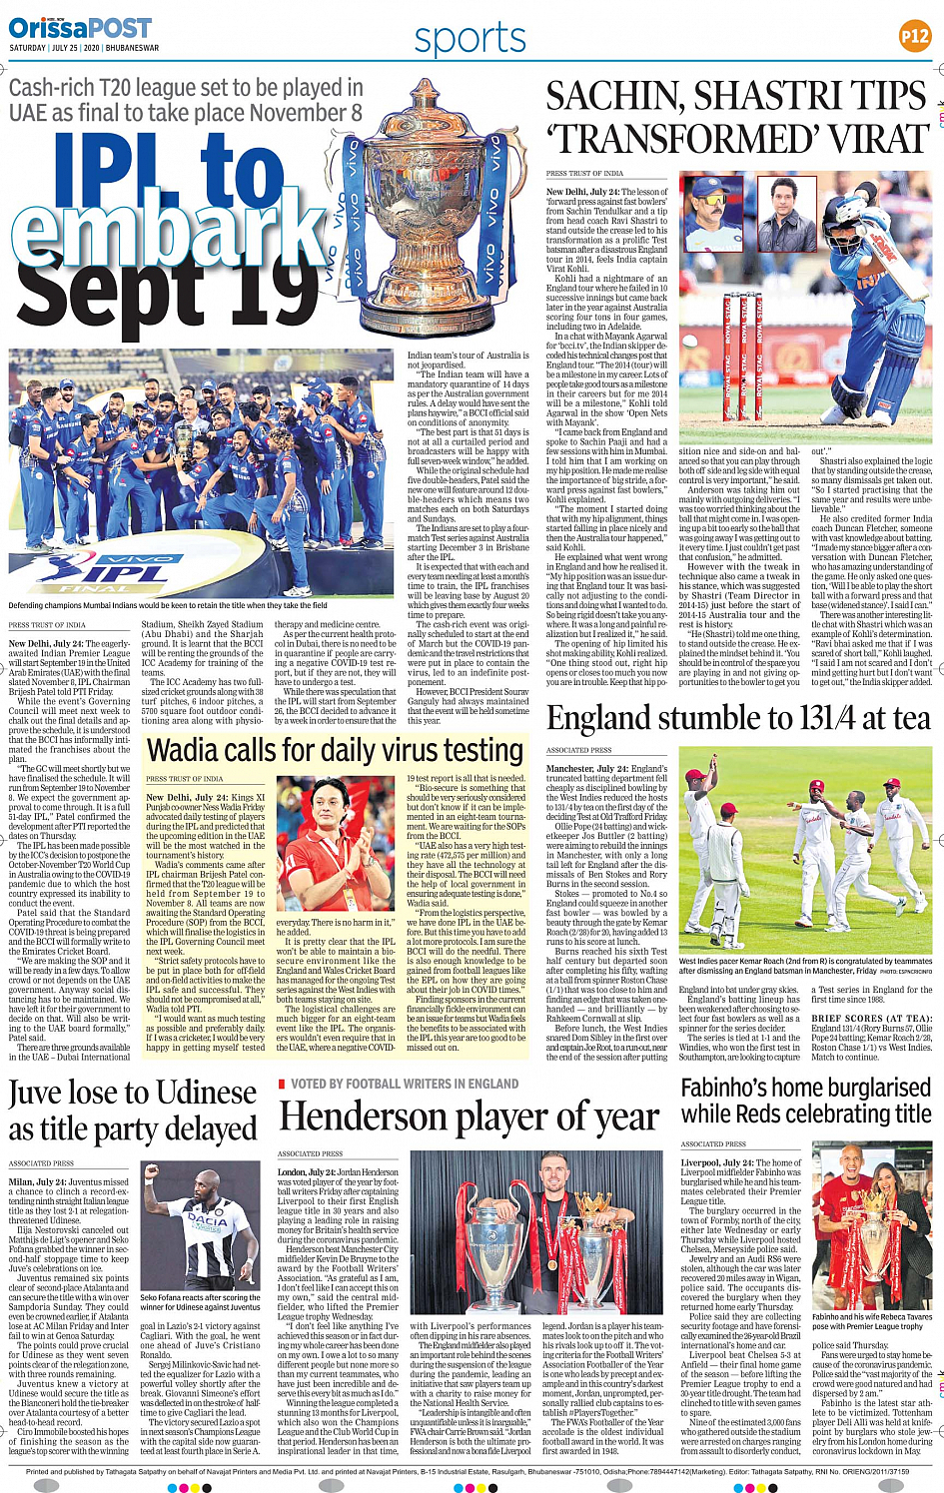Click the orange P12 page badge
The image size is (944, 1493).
(914, 37)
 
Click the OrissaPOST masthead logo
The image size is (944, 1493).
(80, 27)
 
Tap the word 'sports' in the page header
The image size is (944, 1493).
(470, 39)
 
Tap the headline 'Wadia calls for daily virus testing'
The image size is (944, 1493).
(335, 750)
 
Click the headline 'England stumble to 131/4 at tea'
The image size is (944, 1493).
(739, 719)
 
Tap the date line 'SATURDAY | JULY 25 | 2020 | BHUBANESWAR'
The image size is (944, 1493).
(84, 48)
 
